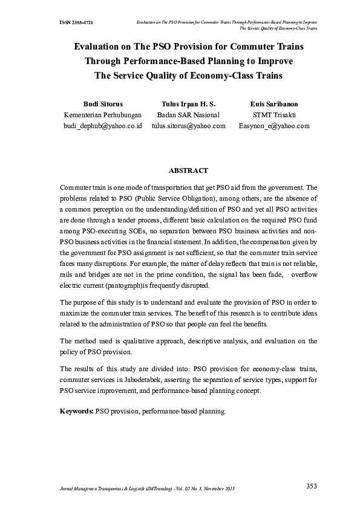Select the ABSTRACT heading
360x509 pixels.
(188, 171)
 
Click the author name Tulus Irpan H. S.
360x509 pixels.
(188, 104)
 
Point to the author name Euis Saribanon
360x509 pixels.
(273, 104)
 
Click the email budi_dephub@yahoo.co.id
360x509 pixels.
(102, 126)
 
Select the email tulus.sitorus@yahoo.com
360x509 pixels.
(188, 126)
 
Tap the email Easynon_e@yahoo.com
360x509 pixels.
(274, 126)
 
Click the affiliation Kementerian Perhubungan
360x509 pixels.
(102, 115)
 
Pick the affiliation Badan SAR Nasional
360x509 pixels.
(188, 115)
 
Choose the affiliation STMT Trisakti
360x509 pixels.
(274, 115)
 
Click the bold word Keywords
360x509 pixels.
(76, 411)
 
